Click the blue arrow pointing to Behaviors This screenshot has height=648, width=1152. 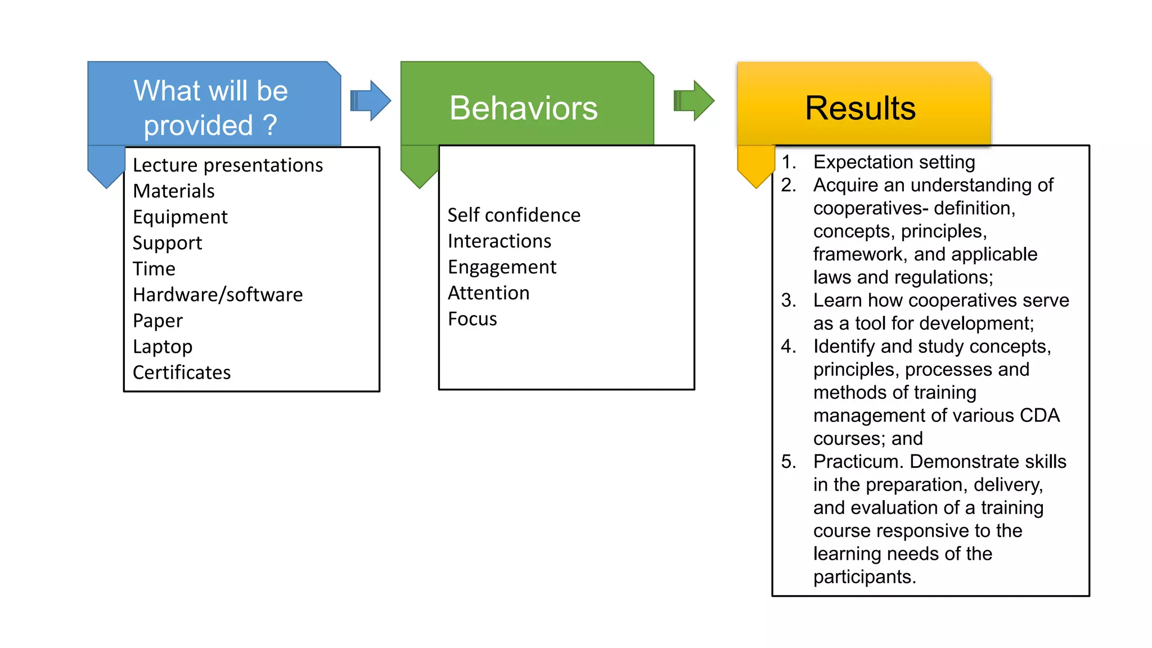pyautogui.click(x=370, y=101)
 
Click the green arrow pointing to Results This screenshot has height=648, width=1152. pyautogui.click(x=694, y=101)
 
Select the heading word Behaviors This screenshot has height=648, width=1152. pyautogui.click(x=523, y=108)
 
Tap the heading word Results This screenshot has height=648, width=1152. pyautogui.click(x=860, y=108)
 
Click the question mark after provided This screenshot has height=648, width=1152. pyautogui.click(x=270, y=125)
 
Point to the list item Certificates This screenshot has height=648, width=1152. pyautogui.click(x=182, y=372)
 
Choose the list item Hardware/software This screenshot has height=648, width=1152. pyautogui.click(x=218, y=295)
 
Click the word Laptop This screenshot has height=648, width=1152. pyautogui.click(x=163, y=346)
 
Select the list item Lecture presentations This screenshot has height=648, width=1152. pyautogui.click(x=228, y=165)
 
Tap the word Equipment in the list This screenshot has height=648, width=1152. pyautogui.click(x=180, y=217)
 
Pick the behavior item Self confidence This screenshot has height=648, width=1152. pyautogui.click(x=514, y=215)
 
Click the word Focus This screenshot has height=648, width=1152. pyautogui.click(x=472, y=319)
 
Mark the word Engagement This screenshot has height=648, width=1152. pyautogui.click(x=502, y=267)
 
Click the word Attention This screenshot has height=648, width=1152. pyautogui.click(x=488, y=293)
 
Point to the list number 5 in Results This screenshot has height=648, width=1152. pyautogui.click(x=788, y=462)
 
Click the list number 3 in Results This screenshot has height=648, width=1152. pyautogui.click(x=788, y=300)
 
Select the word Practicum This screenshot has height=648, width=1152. pyautogui.click(x=858, y=462)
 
